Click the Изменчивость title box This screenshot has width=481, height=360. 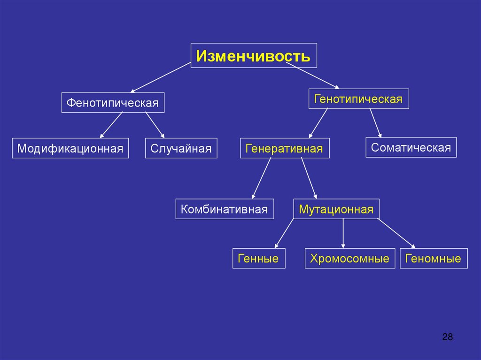[x=254, y=55]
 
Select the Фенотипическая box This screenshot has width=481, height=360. [x=113, y=103]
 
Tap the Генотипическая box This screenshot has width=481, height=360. [x=358, y=99]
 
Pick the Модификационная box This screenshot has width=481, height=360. [x=70, y=148]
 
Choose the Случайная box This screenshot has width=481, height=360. [x=181, y=148]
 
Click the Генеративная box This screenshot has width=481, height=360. [x=285, y=148]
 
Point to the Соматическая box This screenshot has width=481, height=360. [x=411, y=147]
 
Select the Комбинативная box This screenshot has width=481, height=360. [x=225, y=209]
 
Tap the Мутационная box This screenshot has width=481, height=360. [x=336, y=209]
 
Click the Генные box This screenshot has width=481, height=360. [x=258, y=259]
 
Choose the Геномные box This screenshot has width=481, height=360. [x=434, y=259]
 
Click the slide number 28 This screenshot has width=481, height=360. [x=447, y=337]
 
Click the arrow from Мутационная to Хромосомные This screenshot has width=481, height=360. [x=343, y=233]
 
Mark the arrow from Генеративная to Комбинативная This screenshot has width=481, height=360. [x=261, y=178]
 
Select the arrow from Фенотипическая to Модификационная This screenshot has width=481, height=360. [x=111, y=125]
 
